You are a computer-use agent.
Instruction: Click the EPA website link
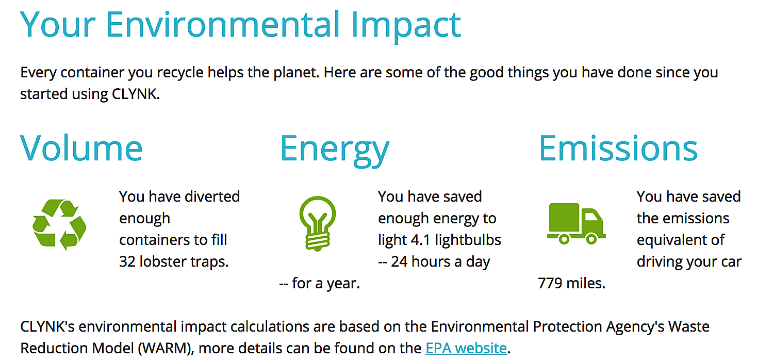(466, 348)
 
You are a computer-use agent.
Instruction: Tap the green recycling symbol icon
(59, 224)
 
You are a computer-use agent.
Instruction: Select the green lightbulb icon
(317, 223)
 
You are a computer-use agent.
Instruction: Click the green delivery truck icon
(576, 224)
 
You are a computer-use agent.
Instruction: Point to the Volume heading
(81, 149)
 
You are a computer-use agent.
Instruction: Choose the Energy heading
(335, 151)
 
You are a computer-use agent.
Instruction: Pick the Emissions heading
(618, 149)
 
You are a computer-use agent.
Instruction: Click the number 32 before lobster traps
(127, 261)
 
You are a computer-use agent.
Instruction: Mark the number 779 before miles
(550, 283)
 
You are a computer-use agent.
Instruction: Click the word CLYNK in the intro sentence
(135, 94)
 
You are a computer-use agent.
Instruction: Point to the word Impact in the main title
(406, 26)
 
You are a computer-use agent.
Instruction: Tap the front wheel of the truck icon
(591, 239)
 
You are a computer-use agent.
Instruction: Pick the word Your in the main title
(58, 24)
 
